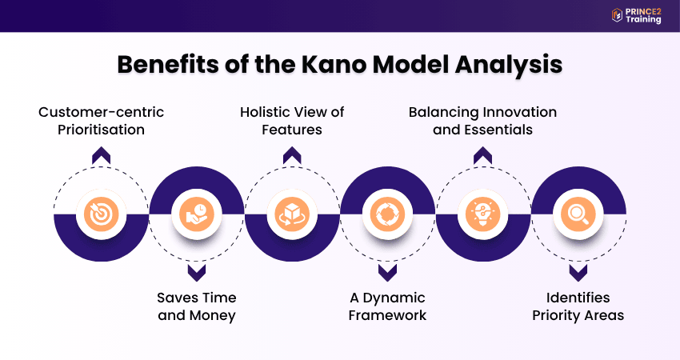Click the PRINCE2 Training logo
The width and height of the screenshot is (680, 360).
click(x=636, y=15)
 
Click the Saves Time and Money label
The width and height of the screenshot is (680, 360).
click(x=196, y=306)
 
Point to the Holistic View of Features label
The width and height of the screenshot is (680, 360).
click(x=292, y=120)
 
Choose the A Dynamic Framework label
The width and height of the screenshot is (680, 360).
click(x=388, y=306)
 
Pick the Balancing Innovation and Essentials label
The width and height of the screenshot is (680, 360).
click(x=482, y=120)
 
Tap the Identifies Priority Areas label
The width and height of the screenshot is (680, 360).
click(x=578, y=306)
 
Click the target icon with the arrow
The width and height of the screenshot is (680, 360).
click(x=102, y=214)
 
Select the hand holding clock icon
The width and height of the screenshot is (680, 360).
click(x=197, y=214)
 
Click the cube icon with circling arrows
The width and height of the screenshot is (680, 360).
click(x=292, y=214)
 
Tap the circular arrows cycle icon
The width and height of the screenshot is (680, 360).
click(x=387, y=214)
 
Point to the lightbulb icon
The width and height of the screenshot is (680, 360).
click(x=482, y=214)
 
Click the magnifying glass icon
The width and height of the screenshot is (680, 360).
click(x=578, y=214)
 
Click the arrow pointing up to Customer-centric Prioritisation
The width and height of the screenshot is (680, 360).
click(x=102, y=157)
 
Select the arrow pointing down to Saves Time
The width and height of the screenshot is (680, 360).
click(x=197, y=273)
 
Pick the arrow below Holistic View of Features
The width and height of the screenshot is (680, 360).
click(x=292, y=157)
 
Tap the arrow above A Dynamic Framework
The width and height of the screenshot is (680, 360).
click(x=387, y=273)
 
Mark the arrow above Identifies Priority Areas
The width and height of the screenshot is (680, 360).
click(x=578, y=273)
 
